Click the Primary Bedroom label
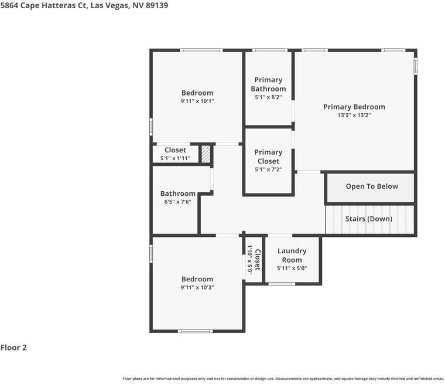(354, 107)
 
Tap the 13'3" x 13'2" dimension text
(354, 115)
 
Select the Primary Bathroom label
(268, 84)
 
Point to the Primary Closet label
(268, 157)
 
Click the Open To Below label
(372, 186)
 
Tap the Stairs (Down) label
(369, 219)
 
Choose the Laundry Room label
(292, 255)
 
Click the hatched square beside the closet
(206, 154)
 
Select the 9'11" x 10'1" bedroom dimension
(197, 101)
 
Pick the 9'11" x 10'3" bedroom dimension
(197, 287)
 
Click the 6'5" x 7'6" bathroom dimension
(177, 202)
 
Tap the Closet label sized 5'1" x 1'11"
(175, 150)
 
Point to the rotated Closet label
(258, 260)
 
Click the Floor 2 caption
(13, 347)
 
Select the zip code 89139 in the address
(157, 5)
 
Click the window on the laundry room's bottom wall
(282, 284)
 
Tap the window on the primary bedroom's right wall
(415, 66)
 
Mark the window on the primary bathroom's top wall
(269, 50)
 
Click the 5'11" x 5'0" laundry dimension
(292, 268)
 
